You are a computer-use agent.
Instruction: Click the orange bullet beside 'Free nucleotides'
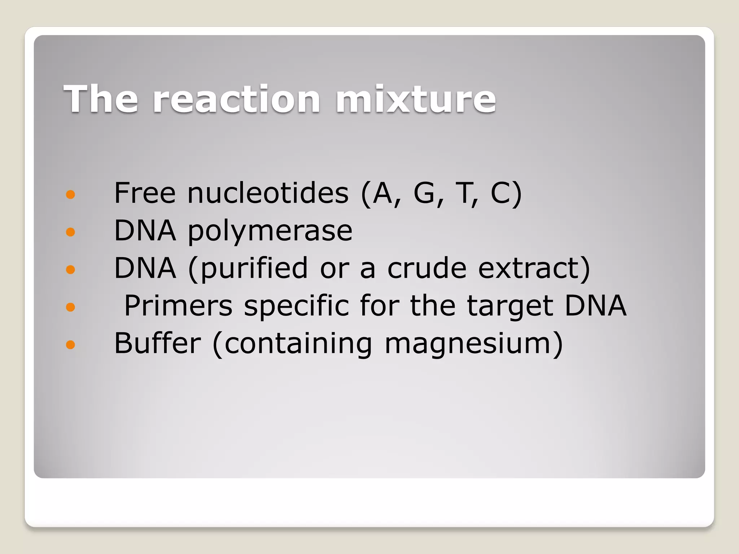pos(71,195)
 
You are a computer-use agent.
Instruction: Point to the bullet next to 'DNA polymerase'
pos(71,232)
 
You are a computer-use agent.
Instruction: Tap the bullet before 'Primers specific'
pos(71,307)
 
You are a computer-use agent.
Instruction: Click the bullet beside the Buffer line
pos(71,344)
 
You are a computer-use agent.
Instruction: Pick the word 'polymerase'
pos(270,231)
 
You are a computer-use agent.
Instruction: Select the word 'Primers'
pos(178,306)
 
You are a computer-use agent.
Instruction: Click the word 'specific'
pos(296,307)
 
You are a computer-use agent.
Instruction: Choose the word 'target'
pos(510,307)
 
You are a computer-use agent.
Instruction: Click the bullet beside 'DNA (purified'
pos(71,269)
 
